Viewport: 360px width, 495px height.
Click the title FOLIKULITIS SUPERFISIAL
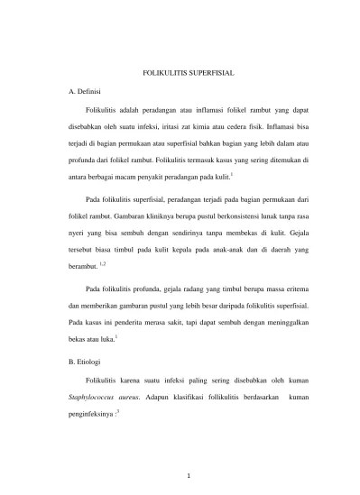[180, 73]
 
